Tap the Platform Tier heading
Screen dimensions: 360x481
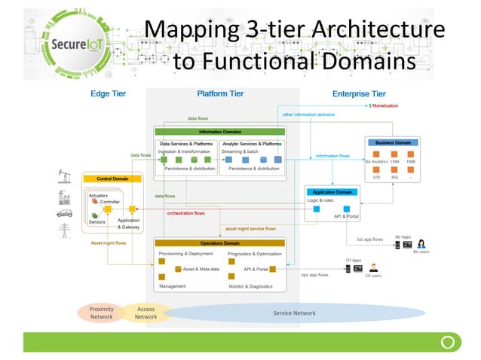click(x=222, y=94)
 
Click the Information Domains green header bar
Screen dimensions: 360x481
click(x=219, y=131)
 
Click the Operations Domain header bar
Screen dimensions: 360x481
click(x=219, y=243)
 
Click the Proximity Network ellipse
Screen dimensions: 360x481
click(x=100, y=313)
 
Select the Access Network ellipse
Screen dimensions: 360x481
click(x=145, y=313)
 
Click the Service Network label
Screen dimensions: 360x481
click(x=293, y=313)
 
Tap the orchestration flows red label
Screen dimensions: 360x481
click(x=185, y=213)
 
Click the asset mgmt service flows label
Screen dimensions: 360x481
click(x=250, y=228)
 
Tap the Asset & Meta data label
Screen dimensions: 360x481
click(x=201, y=269)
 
